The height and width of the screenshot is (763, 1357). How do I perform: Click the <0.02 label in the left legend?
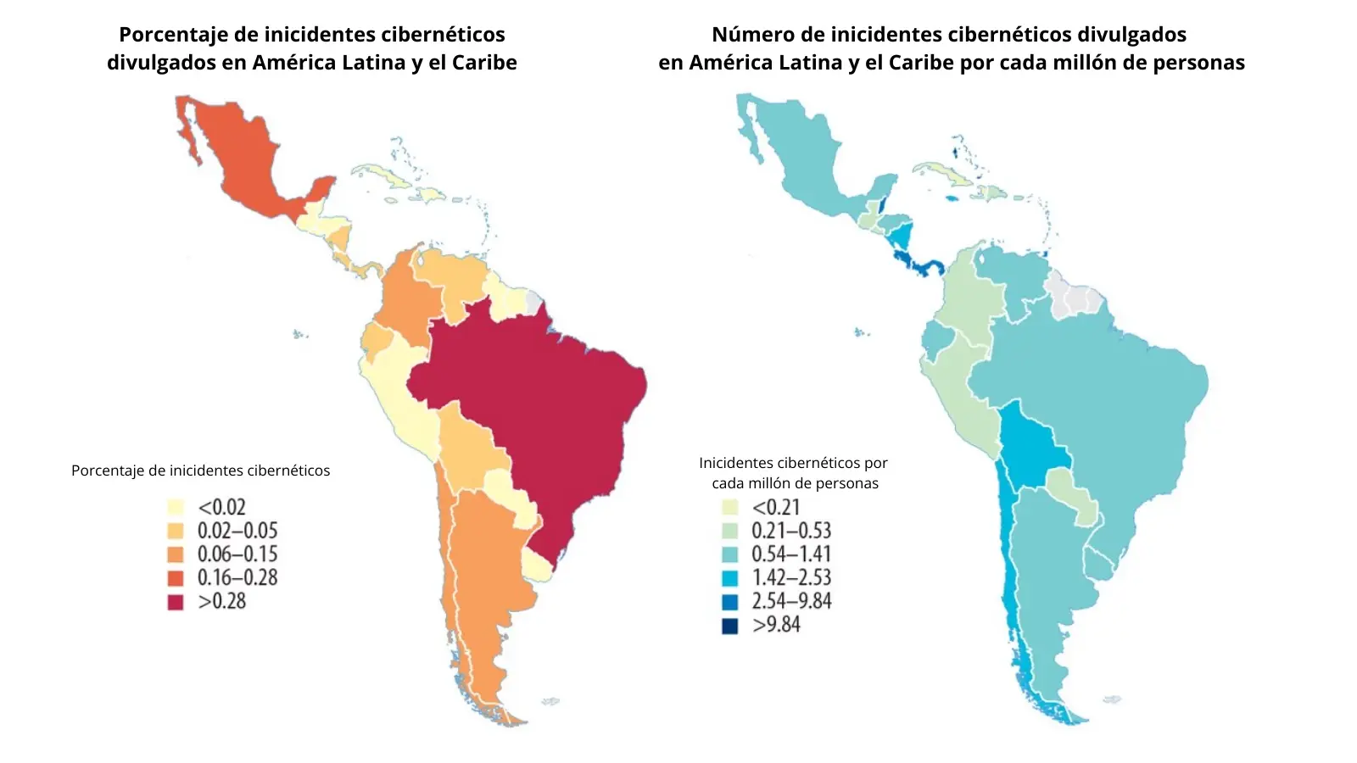coord(221,507)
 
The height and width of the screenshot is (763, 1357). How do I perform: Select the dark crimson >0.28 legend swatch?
coord(176,602)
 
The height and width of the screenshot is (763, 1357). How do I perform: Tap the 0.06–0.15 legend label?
coord(237,554)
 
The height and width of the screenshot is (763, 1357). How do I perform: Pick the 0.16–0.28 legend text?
coord(237,578)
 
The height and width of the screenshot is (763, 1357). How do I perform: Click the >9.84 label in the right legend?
coord(776,625)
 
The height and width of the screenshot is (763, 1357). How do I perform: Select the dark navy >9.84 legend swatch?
coord(729,626)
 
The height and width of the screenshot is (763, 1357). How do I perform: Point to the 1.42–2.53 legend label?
coord(790,578)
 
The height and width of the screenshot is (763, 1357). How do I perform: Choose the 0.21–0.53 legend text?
coord(790,531)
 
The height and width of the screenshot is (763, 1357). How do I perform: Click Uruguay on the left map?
coord(537,564)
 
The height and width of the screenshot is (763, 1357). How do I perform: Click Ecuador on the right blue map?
coord(937,339)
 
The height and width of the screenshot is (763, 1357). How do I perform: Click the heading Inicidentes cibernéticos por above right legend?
coord(793,463)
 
